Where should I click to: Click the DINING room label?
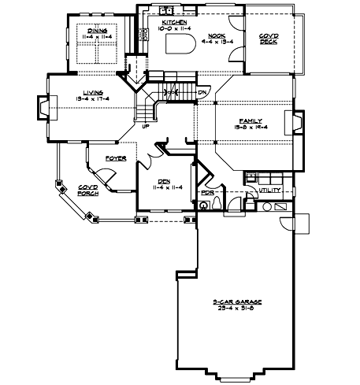tap(97, 31)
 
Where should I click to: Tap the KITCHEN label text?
tap(174, 24)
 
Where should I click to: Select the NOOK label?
tap(217, 35)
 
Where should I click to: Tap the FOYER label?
tap(117, 158)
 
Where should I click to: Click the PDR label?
tap(208, 192)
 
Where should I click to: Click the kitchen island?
tap(180, 44)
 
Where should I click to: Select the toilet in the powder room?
tap(206, 205)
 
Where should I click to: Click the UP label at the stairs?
tap(145, 124)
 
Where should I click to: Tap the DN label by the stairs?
tap(202, 92)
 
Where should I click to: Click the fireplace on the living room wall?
tap(43, 107)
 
